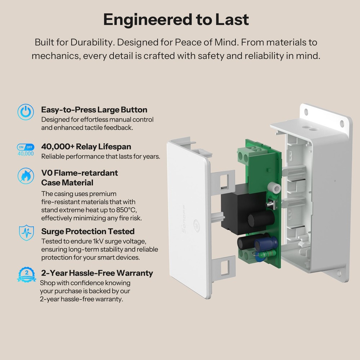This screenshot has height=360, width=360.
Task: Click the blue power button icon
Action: [x=26, y=112]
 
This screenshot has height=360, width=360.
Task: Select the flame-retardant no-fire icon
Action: [x=26, y=176]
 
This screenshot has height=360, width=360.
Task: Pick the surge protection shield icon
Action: [x=26, y=233]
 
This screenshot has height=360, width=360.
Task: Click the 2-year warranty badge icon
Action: [x=27, y=275]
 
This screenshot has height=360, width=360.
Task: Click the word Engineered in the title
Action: [x=148, y=20]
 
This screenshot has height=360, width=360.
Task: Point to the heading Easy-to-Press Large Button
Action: [x=94, y=110]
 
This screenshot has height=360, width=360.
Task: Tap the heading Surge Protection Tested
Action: [x=88, y=231]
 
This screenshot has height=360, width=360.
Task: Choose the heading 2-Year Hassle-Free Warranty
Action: [x=97, y=273]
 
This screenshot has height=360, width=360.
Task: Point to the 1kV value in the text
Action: [x=98, y=241]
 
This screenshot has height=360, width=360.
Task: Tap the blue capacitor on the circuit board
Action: [x=266, y=244]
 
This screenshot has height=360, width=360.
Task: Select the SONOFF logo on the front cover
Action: [x=184, y=219]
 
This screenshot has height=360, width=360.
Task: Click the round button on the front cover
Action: [x=197, y=226]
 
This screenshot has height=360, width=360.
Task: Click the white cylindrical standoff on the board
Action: [x=274, y=188]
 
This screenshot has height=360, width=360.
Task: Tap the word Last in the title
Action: [x=232, y=20]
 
